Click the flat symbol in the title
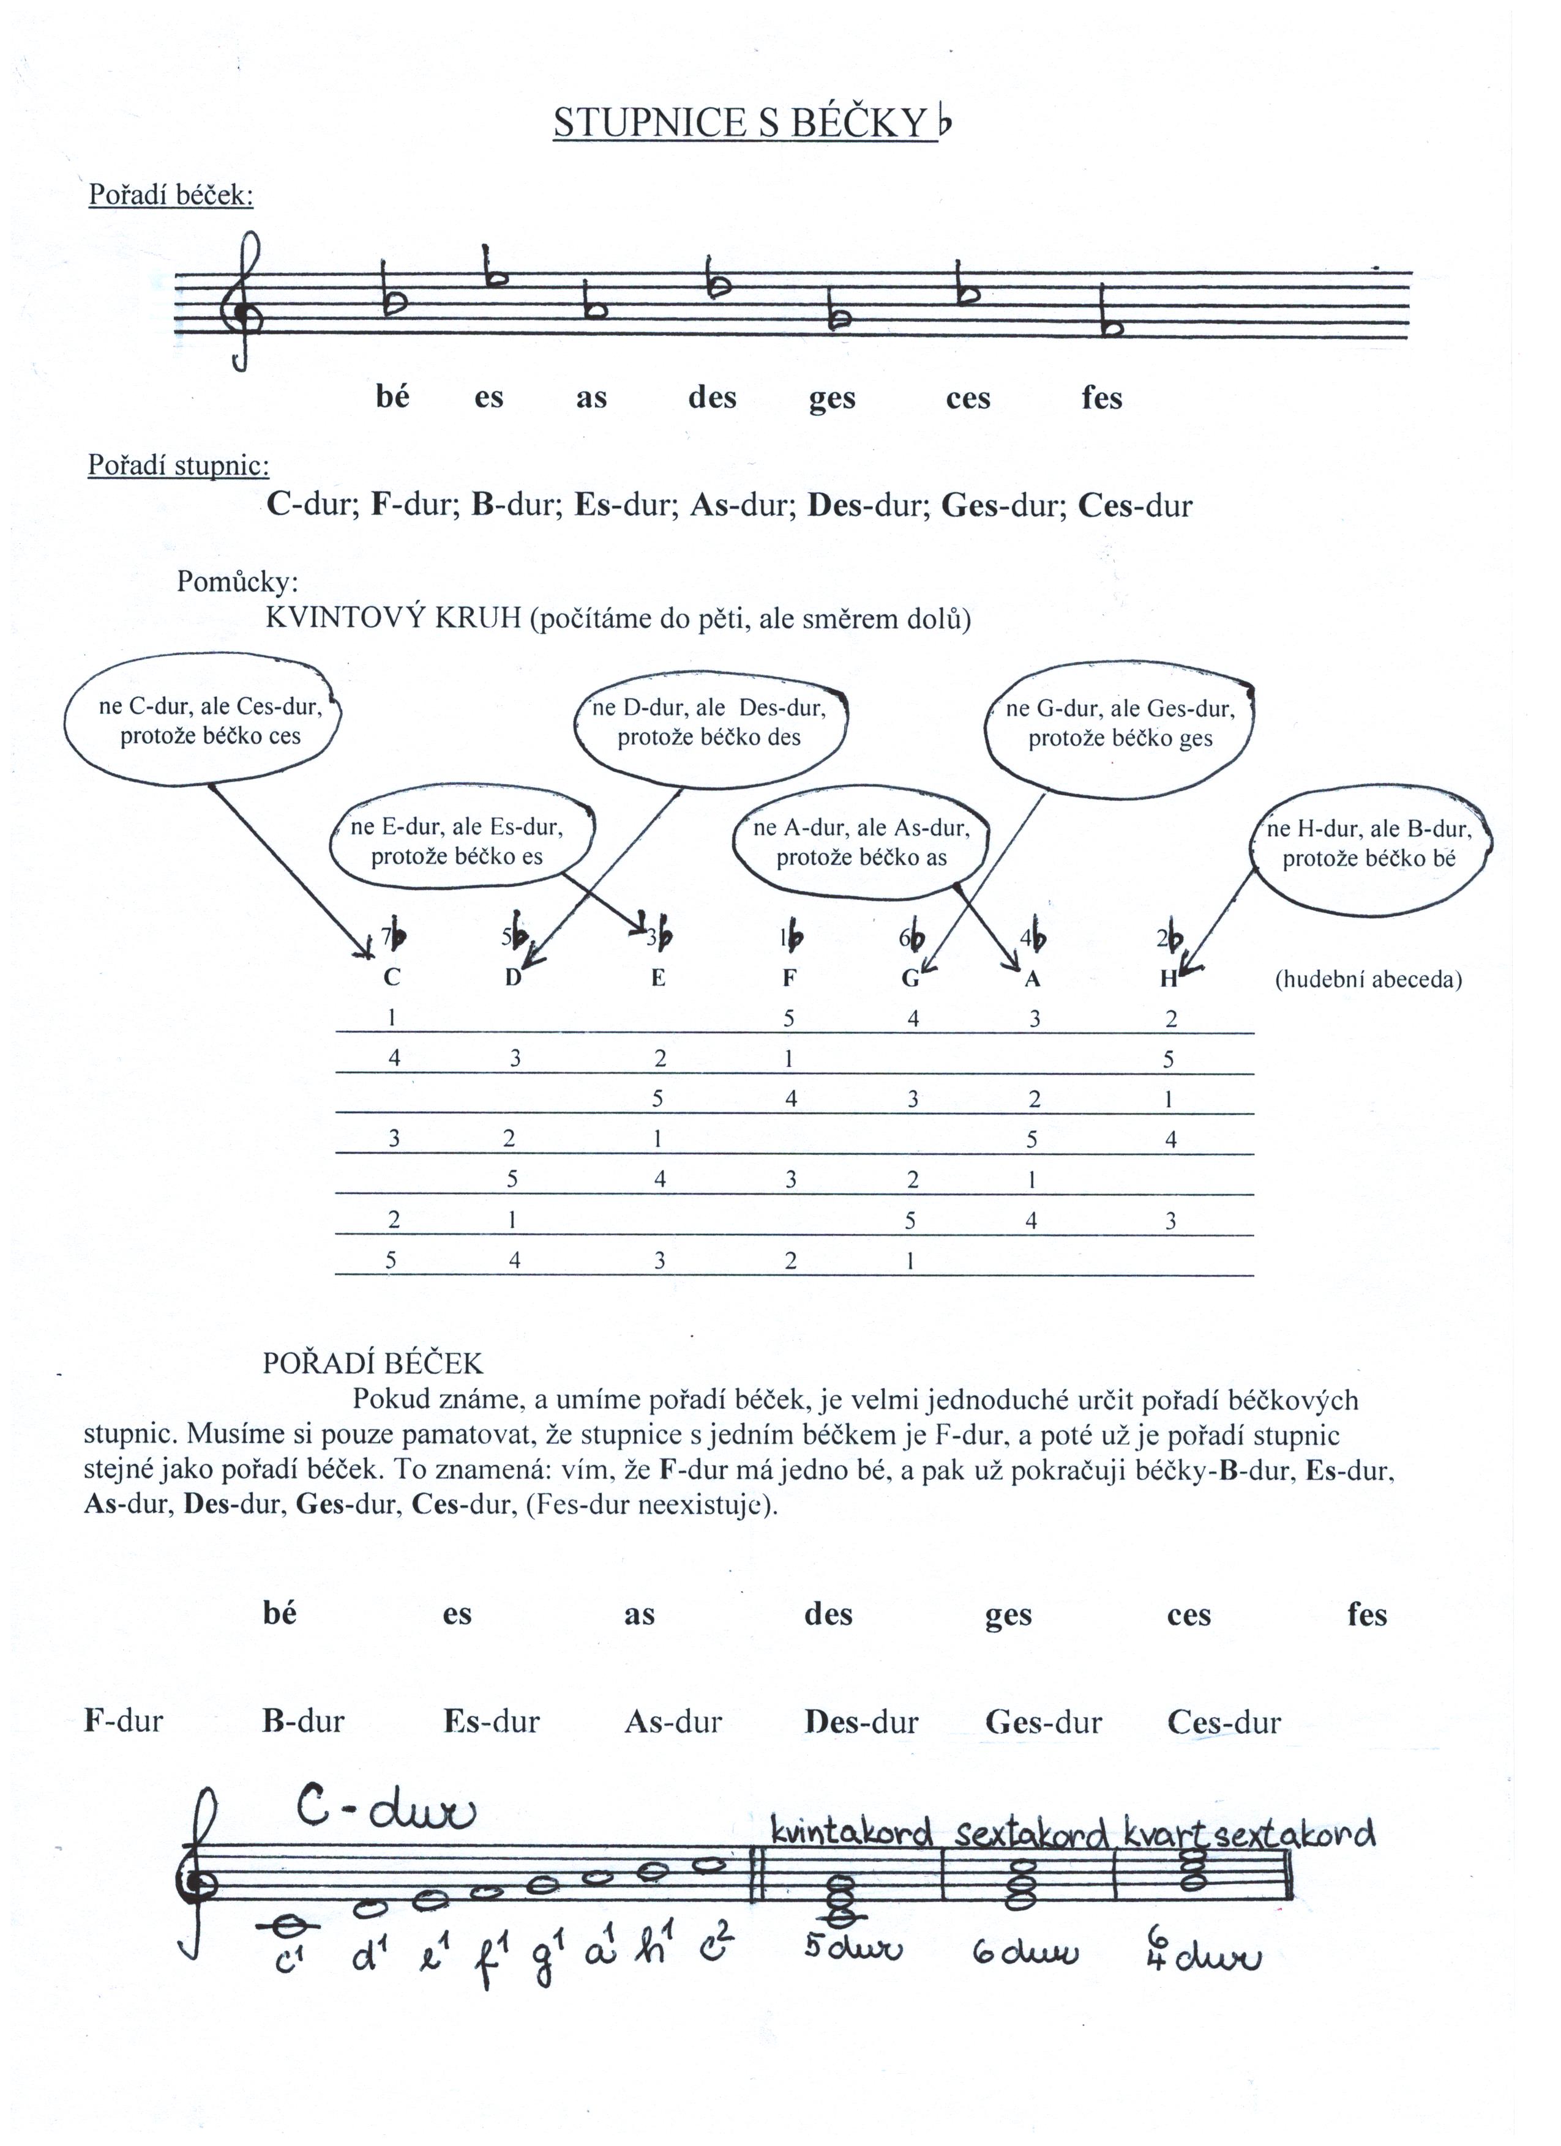[943, 121]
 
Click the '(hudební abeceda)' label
[1368, 979]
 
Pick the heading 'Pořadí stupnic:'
[179, 466]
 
